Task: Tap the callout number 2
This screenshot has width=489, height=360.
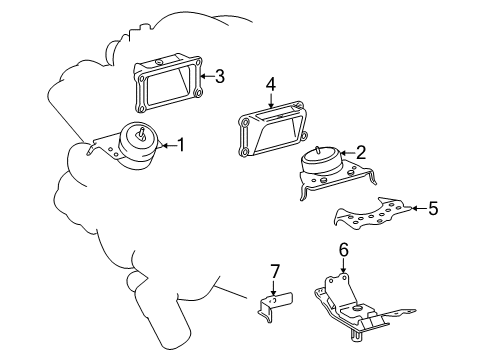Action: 361,153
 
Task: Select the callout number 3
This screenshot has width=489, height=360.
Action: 220,75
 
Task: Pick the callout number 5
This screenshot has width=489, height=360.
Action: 433,210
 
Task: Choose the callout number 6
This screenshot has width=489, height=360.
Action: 342,251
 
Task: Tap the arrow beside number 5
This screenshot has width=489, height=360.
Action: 418,210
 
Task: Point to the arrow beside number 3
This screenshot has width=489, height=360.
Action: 206,75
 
